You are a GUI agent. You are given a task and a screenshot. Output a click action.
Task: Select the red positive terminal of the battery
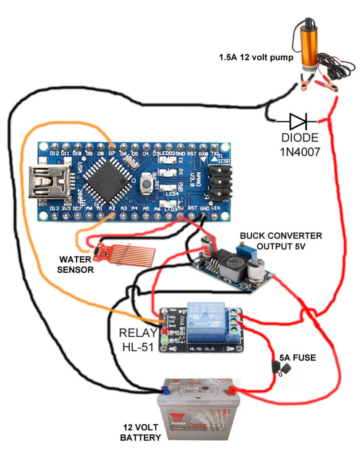click(231, 388)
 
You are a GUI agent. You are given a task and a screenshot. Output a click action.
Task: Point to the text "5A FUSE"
click(297, 358)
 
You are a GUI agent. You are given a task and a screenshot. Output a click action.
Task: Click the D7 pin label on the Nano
click(112, 153)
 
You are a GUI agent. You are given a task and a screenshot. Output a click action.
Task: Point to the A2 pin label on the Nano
click(112, 209)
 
